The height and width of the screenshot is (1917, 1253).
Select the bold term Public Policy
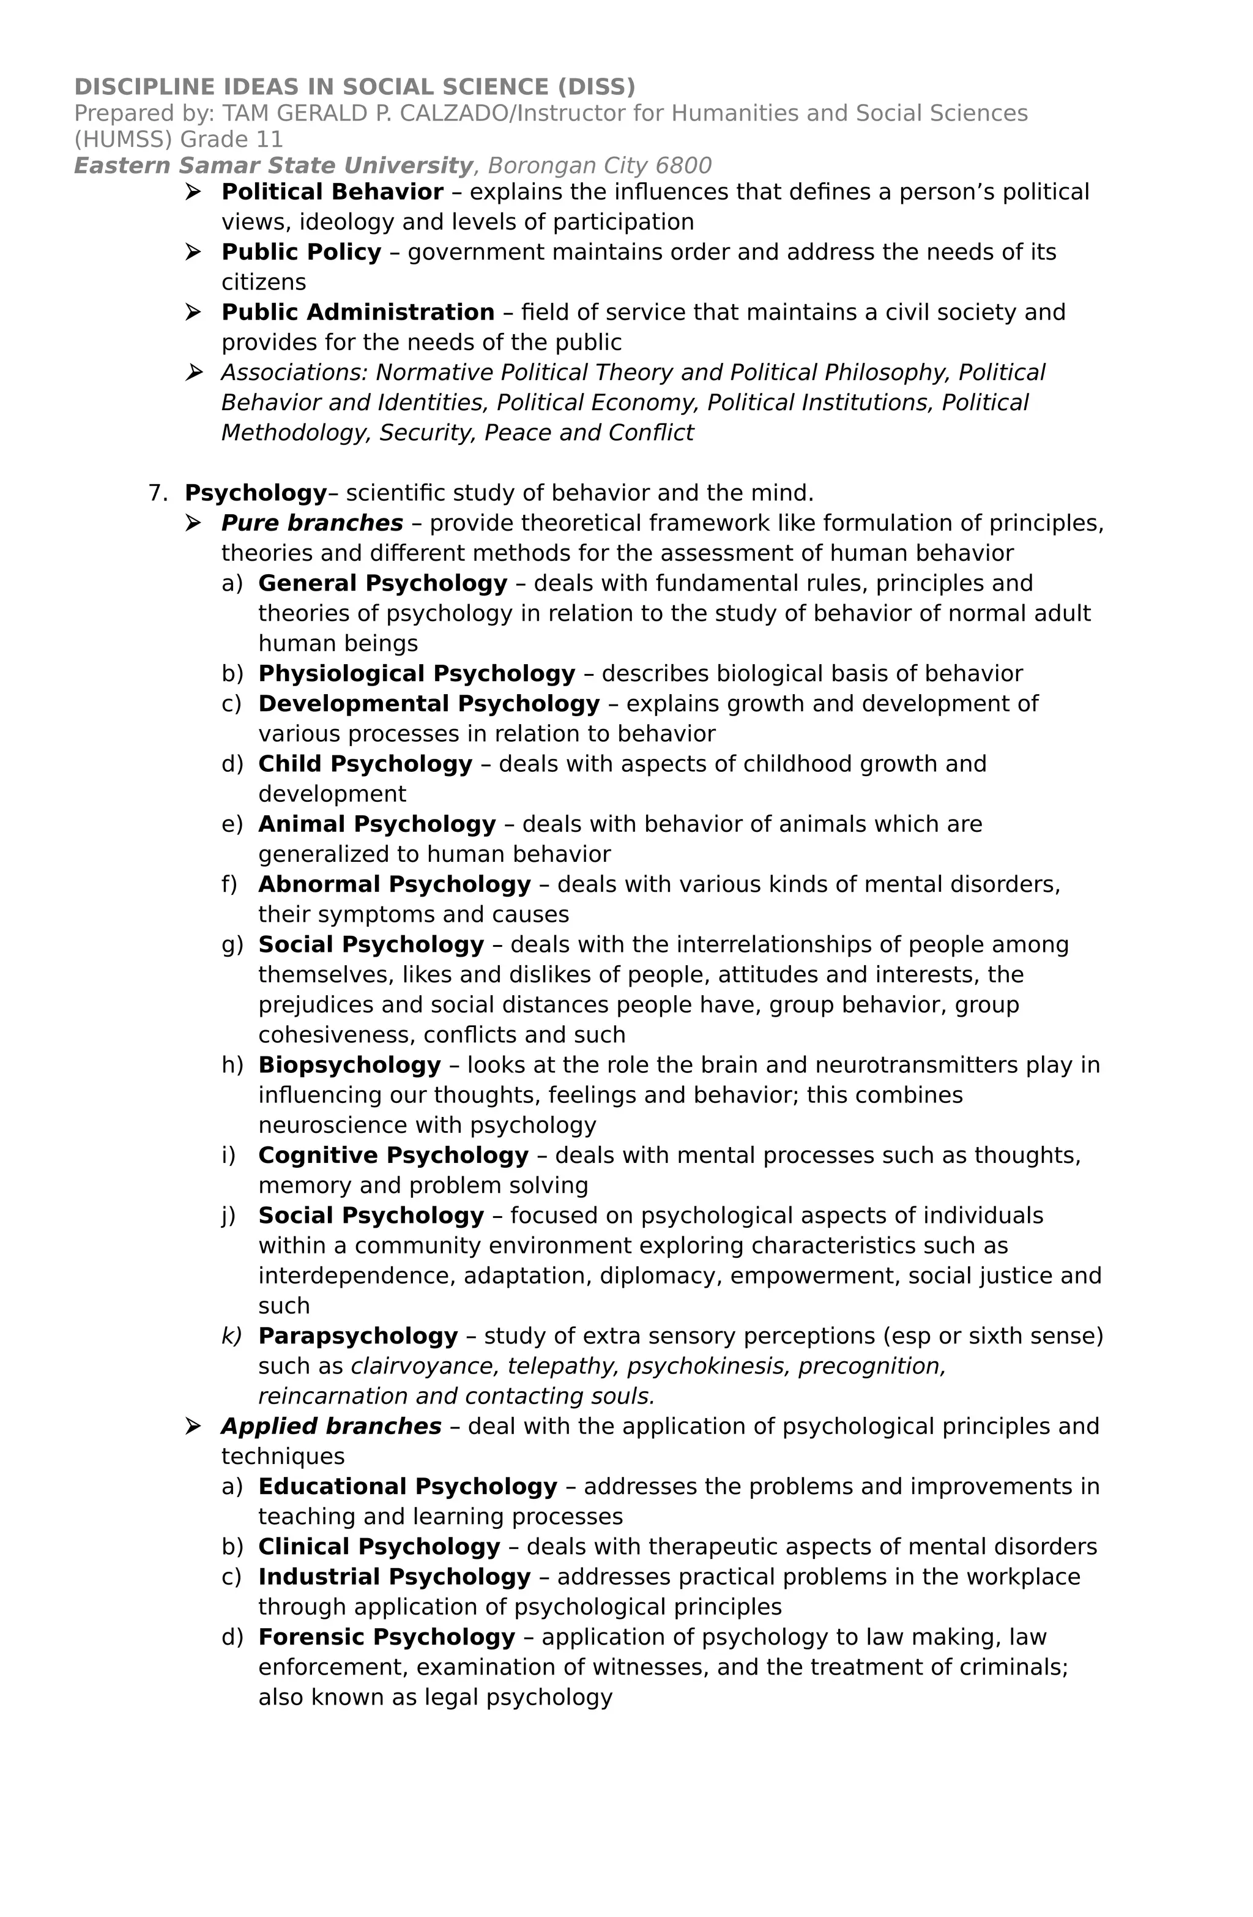pos(301,253)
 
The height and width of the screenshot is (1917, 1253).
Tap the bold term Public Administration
pos(357,313)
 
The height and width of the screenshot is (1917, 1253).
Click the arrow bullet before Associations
pos(193,372)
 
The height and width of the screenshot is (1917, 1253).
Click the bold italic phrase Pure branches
pos(311,523)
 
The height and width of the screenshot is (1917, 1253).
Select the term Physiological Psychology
pos(416,674)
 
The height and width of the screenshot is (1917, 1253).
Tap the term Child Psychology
pos(365,764)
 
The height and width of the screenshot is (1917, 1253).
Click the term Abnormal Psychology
pos(395,885)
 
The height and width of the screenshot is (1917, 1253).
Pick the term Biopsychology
pos(349,1066)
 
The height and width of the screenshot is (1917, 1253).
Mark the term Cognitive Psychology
pos(393,1156)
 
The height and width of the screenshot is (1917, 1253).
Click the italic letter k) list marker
pos(231,1336)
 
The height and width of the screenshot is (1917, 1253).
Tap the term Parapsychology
pos(357,1336)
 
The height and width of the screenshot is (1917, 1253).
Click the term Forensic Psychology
pos(387,1637)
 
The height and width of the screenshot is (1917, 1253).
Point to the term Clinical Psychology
pos(379,1547)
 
